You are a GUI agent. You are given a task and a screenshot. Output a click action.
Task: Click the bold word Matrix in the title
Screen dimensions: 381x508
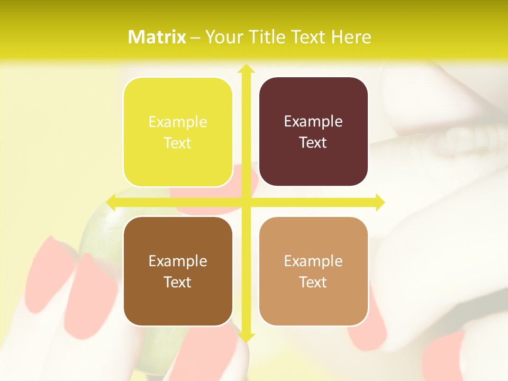pos(157,37)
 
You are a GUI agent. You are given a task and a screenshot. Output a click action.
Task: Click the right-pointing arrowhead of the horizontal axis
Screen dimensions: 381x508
pos(380,202)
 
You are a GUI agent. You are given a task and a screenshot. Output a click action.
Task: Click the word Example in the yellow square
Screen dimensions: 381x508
pos(178,122)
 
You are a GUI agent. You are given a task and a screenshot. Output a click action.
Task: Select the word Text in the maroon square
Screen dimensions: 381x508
pos(313,143)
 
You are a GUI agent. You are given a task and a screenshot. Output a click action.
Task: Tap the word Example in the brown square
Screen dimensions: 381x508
pos(178,261)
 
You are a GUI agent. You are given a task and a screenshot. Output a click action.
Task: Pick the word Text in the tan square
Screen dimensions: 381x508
pos(313,282)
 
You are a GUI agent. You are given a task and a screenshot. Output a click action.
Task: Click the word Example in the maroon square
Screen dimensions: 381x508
pos(313,122)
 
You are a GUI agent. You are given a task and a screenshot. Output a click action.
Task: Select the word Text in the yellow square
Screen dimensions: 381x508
pos(178,143)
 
